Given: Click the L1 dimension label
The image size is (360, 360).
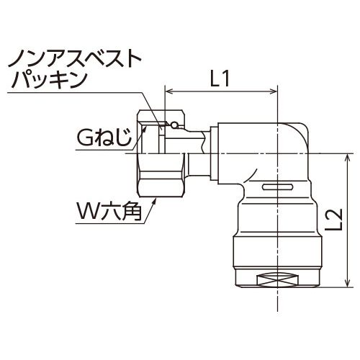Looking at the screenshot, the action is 220,79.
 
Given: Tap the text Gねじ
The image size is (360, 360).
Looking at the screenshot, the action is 104,138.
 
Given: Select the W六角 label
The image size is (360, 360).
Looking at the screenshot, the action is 108,212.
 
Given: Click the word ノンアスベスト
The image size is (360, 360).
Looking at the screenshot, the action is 75,58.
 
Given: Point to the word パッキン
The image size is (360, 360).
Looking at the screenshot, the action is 49,81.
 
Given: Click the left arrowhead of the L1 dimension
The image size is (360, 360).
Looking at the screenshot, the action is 169,91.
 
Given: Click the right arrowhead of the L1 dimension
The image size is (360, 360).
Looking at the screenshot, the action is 273,91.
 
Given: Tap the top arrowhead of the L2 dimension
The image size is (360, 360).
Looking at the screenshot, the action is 347,158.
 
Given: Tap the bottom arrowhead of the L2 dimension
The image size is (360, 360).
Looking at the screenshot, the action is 347,282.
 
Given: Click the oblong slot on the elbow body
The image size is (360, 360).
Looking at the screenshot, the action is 277,186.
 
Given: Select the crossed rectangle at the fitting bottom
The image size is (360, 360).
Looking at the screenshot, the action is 278,280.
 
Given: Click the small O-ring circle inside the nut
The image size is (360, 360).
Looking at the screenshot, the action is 174,125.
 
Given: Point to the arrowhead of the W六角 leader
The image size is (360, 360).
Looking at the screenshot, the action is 155,201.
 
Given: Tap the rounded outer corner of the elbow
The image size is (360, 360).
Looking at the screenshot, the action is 303,127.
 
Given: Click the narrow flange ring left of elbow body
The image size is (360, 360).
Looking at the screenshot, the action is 214,153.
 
